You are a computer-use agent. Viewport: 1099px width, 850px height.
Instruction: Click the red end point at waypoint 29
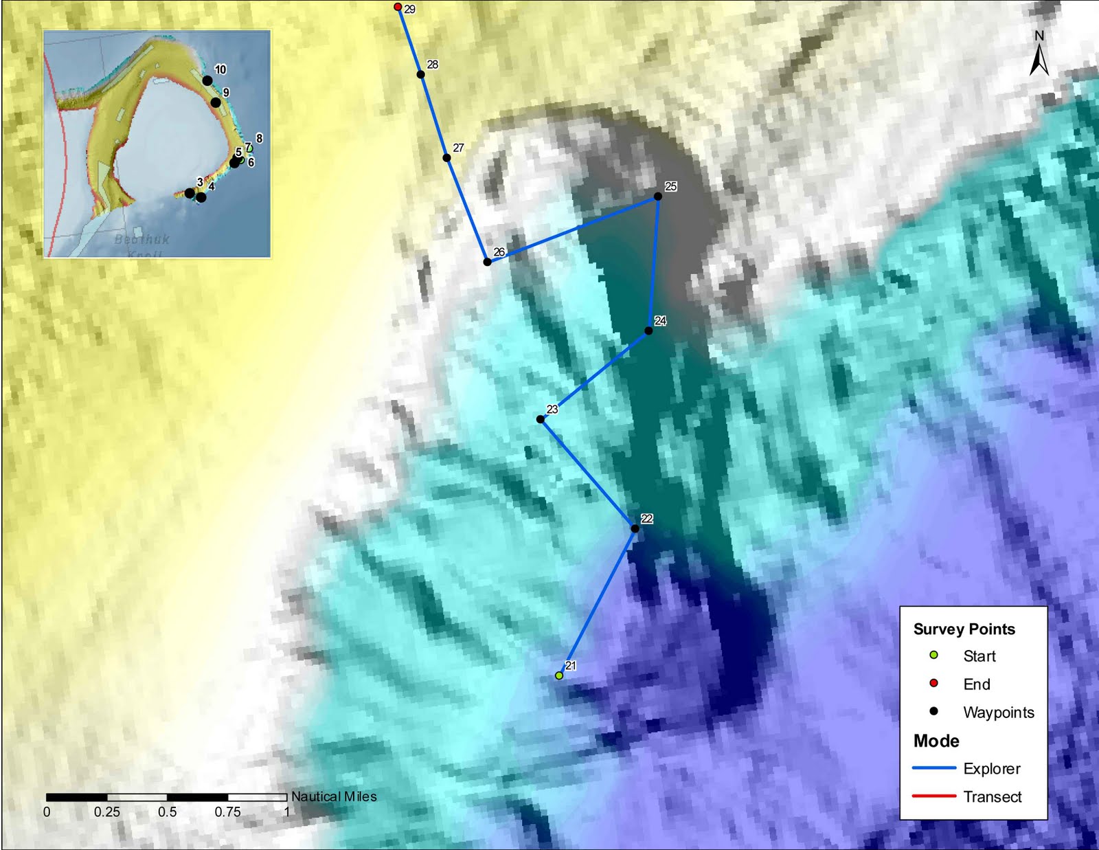[x=398, y=7]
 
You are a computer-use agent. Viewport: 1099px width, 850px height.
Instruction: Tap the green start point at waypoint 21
[x=559, y=675]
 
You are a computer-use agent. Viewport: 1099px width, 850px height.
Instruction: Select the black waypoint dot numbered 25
[x=657, y=197]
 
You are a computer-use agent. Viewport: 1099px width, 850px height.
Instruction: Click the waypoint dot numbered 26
[x=487, y=262]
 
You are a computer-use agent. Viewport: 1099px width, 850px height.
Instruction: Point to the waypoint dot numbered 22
[x=635, y=528]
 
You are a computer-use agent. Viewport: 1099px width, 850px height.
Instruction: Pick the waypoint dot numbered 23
[x=541, y=419]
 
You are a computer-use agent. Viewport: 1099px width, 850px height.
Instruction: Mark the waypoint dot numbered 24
[x=648, y=331]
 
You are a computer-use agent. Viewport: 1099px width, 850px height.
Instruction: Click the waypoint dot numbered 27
[x=446, y=158]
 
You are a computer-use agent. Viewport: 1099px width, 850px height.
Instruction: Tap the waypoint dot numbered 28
[x=420, y=74]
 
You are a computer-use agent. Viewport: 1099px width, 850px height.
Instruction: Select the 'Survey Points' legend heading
[x=964, y=629]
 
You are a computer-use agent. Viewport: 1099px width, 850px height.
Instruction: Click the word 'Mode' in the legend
[x=936, y=741]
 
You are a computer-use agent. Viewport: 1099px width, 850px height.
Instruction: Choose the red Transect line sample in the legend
[x=933, y=796]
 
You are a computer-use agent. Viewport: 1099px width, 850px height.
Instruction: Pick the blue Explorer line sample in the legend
[x=933, y=768]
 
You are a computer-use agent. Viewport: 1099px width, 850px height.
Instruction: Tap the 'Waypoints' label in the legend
[x=998, y=713]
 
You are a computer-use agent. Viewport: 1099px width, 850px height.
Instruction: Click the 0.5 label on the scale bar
[x=167, y=812]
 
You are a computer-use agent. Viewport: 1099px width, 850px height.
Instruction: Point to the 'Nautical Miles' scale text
[x=334, y=796]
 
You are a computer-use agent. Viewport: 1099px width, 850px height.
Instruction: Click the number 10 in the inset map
[x=220, y=69]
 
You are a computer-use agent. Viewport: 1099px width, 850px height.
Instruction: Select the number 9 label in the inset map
[x=226, y=92]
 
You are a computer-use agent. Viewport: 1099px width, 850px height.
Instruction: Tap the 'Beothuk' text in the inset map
[x=141, y=239]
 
